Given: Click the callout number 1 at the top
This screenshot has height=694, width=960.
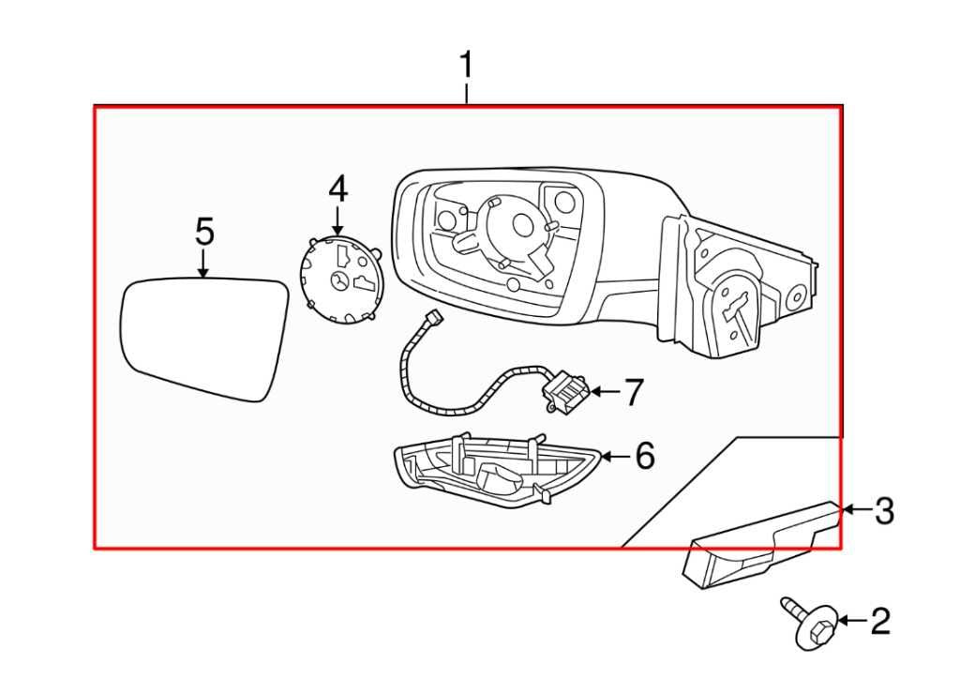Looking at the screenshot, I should (466, 68).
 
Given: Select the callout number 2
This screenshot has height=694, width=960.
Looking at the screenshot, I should (879, 621).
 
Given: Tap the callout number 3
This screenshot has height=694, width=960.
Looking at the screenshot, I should (884, 511).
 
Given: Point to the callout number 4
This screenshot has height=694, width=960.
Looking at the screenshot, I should (337, 189).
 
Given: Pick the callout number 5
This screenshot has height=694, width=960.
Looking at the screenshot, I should (204, 232).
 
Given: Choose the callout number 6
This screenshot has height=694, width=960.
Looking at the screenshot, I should (643, 456).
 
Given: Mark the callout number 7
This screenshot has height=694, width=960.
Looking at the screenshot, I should (634, 392).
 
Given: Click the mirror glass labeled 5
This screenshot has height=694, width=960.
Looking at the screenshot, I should (204, 336).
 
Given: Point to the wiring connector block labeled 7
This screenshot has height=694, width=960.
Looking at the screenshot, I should (565, 392).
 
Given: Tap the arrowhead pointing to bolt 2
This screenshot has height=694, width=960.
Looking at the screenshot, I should (842, 621).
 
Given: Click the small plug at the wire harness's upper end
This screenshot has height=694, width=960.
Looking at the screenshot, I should (432, 319).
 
